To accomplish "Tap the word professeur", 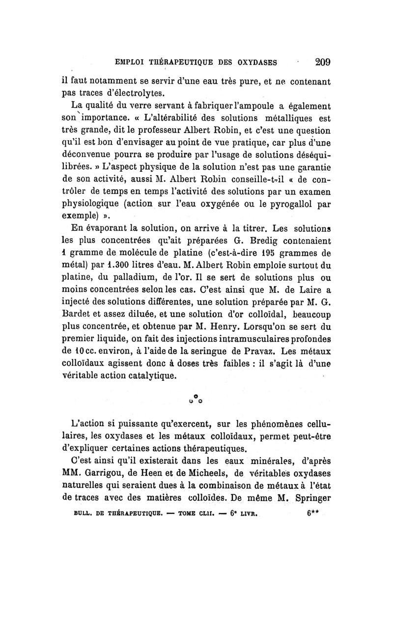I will [x=173, y=131].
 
